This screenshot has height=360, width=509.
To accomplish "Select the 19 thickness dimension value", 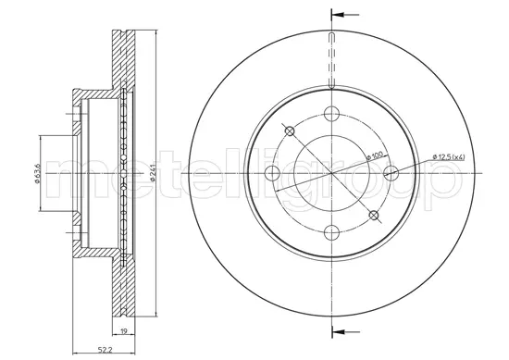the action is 123,331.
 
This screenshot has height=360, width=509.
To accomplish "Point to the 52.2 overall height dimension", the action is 104,350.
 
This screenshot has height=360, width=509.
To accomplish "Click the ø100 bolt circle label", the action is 375,155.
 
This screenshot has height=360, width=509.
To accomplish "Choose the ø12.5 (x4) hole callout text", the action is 449,157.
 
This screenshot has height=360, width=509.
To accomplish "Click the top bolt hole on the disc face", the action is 331,114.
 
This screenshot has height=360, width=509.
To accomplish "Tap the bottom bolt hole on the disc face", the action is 331,231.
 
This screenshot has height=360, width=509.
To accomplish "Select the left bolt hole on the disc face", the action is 272,173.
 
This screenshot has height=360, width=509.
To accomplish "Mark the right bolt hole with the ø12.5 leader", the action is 391,173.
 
